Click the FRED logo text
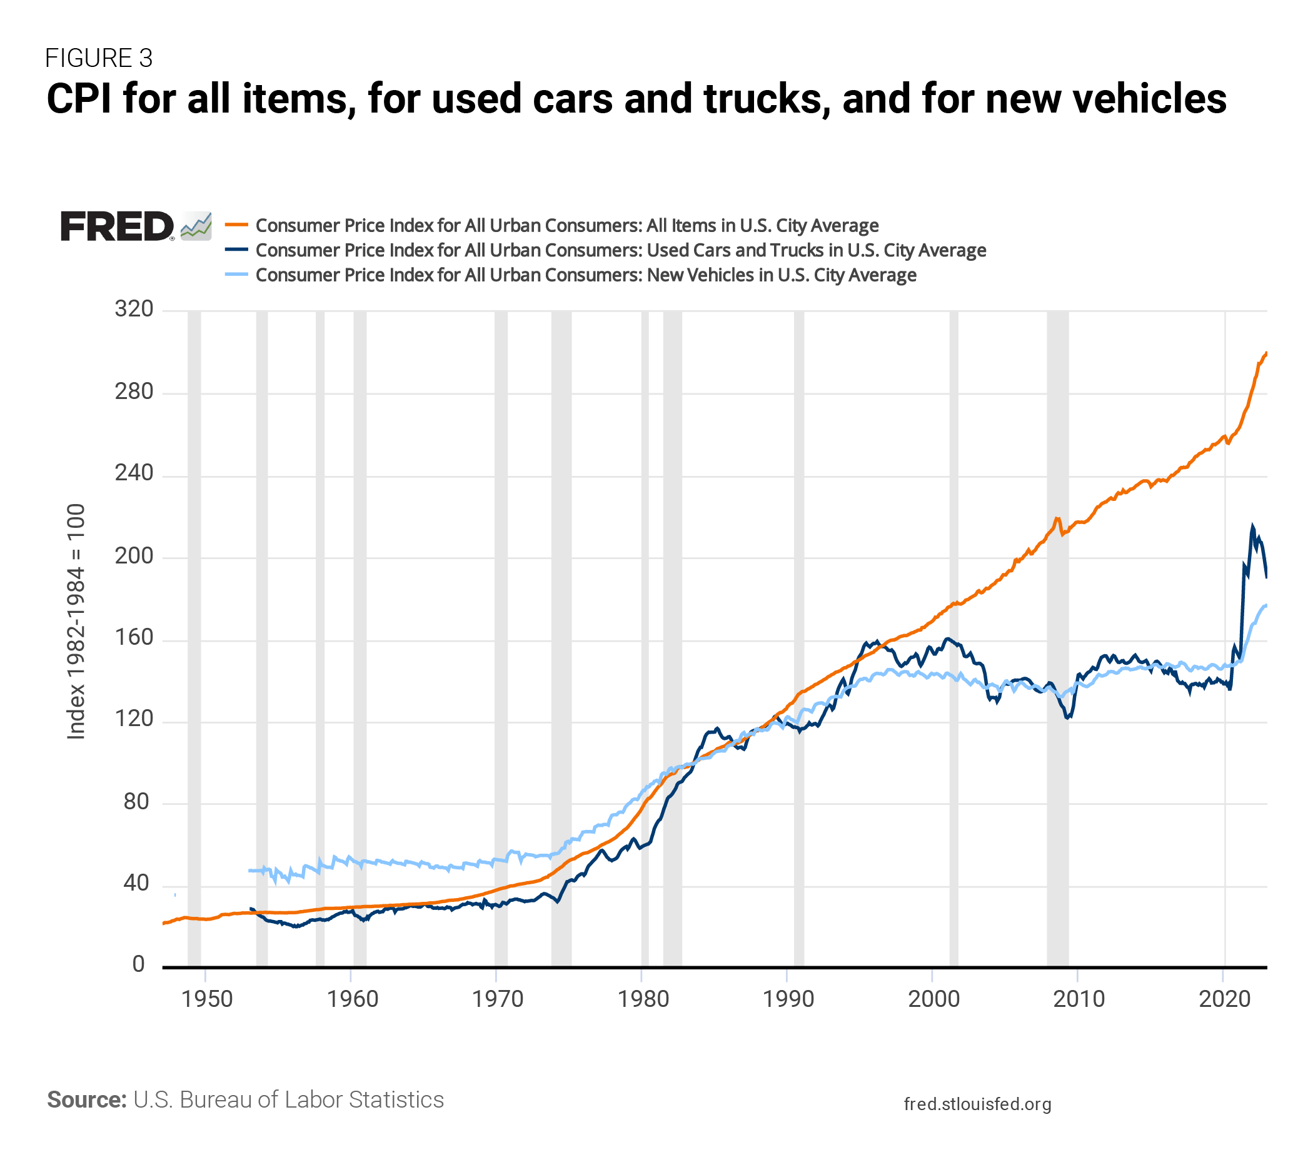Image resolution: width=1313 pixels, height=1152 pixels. pos(117,226)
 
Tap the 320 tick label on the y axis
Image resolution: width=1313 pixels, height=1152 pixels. pos(134,309)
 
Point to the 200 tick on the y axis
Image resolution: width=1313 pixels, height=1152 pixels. pos(134,556)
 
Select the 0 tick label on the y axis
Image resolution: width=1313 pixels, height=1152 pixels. pos(139,964)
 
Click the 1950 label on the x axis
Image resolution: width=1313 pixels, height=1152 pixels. pos(207,999)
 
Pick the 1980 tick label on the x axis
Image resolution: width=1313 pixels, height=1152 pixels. pos(643,999)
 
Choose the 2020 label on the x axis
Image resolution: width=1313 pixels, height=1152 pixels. pos(1224,999)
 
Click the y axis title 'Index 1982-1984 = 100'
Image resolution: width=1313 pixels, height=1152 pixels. pos(76,621)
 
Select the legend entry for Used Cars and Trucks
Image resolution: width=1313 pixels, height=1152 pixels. pos(620,250)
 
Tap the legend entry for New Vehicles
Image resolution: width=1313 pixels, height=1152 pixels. pos(586,275)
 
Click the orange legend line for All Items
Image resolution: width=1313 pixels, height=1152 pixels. pos(236,225)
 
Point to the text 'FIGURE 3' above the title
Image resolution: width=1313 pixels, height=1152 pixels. pos(99,58)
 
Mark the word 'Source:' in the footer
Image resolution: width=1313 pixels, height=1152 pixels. pos(87,1099)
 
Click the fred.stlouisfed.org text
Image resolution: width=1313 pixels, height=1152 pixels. pos(977,1104)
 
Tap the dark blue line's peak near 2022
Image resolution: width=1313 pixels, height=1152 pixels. pos(1252,526)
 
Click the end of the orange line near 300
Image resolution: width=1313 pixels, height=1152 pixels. pos(1266,353)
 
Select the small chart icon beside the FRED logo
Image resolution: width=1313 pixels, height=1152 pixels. pos(196,226)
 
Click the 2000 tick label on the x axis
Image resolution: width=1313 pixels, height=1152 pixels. pos(933,999)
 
